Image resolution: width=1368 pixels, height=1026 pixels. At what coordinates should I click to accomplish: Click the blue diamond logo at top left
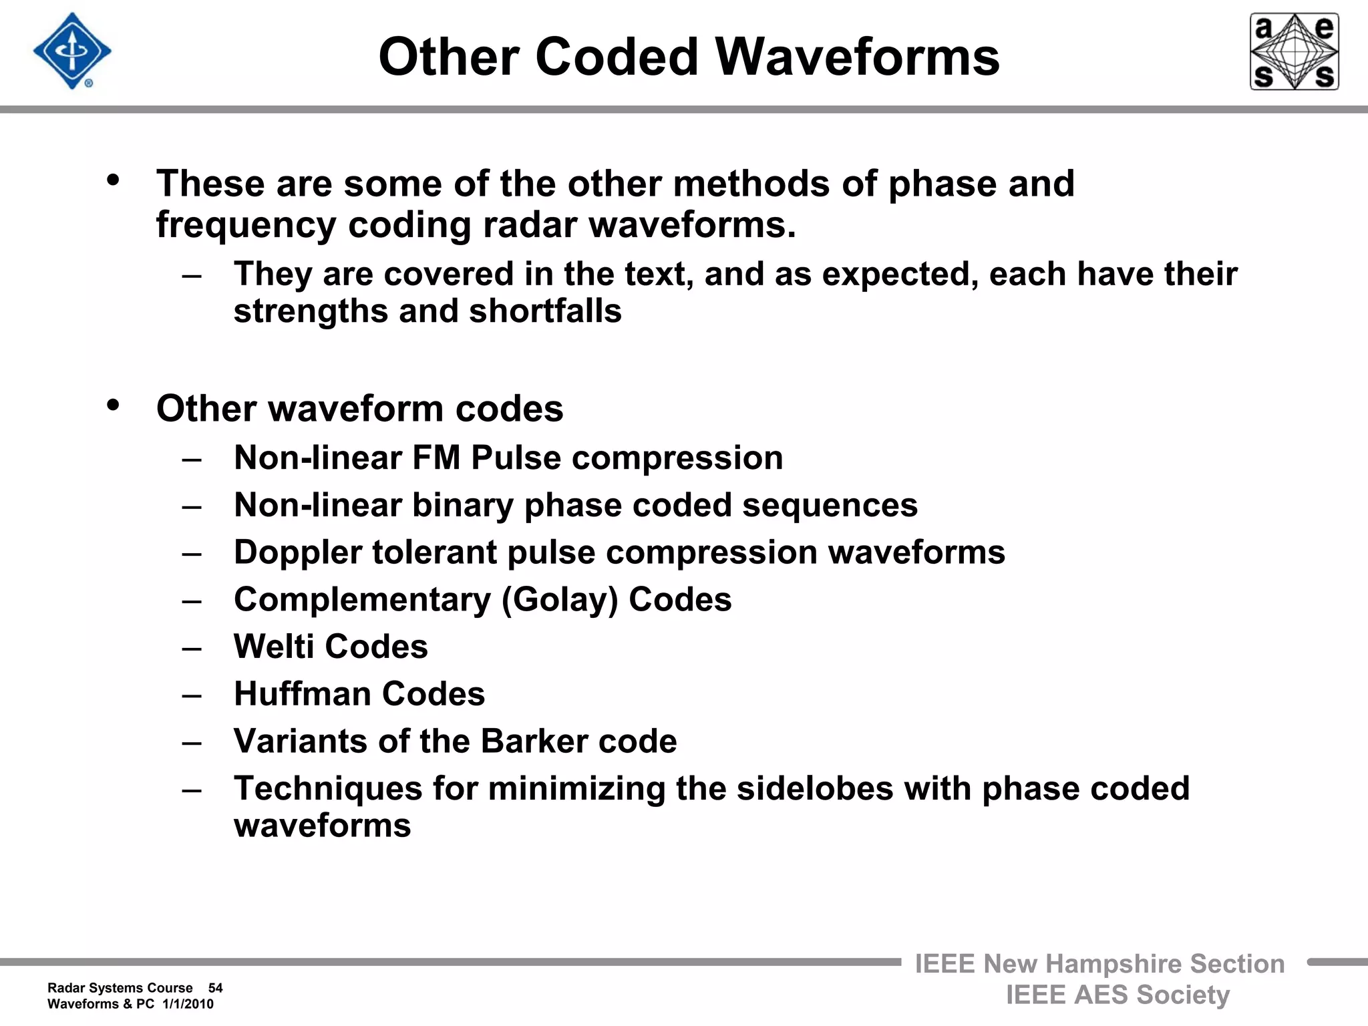pos(72,51)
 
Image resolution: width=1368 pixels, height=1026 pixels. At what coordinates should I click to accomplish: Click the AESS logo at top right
pos(1294,51)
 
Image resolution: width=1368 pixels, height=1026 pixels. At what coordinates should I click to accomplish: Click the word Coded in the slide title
pos(617,57)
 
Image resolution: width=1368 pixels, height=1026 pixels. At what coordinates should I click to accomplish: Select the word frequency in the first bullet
pos(246,225)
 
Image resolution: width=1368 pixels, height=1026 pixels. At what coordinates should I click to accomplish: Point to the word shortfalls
pos(545,311)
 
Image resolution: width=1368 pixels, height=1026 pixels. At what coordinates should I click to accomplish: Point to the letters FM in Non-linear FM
pos(436,458)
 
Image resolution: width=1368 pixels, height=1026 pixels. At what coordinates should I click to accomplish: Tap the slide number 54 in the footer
pos(215,988)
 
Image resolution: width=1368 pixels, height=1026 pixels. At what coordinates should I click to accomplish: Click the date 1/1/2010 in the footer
pos(188,1004)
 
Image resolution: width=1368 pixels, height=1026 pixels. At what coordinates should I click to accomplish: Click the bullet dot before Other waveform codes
pos(113,405)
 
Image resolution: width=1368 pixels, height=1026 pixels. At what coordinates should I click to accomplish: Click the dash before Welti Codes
pos(192,648)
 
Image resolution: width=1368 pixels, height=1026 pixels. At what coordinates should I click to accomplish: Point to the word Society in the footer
pos(1182,995)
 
